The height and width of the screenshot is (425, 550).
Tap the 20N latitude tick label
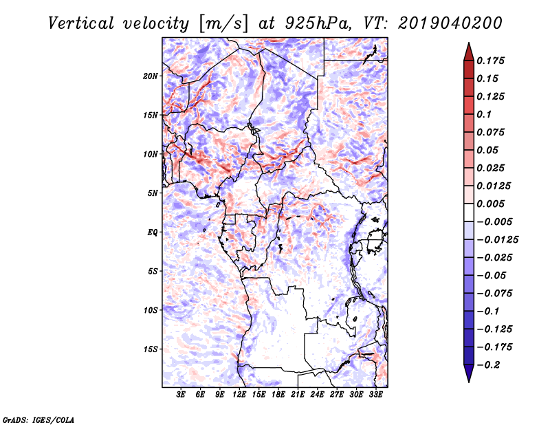click(151, 76)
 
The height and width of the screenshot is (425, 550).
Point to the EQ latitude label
click(153, 232)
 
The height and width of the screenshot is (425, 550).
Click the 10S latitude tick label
click(151, 310)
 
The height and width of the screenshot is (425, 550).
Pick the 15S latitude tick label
click(151, 349)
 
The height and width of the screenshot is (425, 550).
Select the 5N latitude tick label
click(153, 193)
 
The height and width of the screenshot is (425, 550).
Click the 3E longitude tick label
click(181, 395)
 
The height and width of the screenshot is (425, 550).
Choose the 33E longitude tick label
click(375, 395)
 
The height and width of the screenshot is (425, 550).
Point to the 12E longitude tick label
click(240, 395)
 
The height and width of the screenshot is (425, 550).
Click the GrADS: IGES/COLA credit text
click(38, 418)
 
